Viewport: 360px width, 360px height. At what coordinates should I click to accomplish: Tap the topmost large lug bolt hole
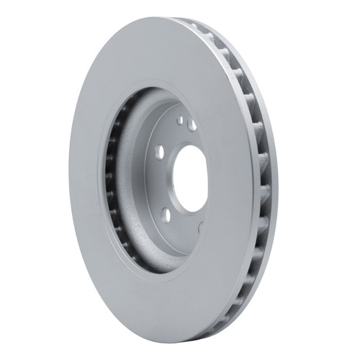(x=192, y=125)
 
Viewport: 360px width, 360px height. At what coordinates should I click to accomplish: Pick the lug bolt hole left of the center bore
(x=159, y=153)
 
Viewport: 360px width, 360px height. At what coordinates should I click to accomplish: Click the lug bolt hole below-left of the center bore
(x=166, y=214)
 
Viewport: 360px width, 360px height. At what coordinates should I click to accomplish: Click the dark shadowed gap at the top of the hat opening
(x=155, y=97)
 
